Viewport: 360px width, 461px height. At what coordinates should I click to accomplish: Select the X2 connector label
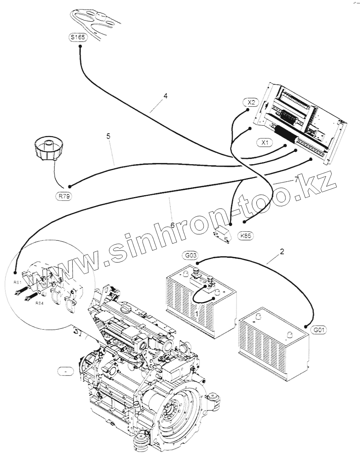pos(251,102)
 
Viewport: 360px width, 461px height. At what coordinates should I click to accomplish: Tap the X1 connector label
pos(265,143)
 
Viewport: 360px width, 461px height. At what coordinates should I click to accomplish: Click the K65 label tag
pos(246,236)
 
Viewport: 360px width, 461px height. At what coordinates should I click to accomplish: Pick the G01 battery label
pos(319,329)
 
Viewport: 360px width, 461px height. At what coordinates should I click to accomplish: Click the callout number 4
pos(165,96)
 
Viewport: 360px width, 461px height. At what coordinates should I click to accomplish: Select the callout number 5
pos(109,136)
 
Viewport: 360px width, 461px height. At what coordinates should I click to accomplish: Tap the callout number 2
pos(282,252)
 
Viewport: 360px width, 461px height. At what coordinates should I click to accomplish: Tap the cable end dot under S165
pos(80,47)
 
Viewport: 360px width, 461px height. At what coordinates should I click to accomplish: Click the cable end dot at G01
pos(306,326)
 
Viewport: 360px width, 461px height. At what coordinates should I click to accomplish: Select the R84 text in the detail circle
pos(39,303)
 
